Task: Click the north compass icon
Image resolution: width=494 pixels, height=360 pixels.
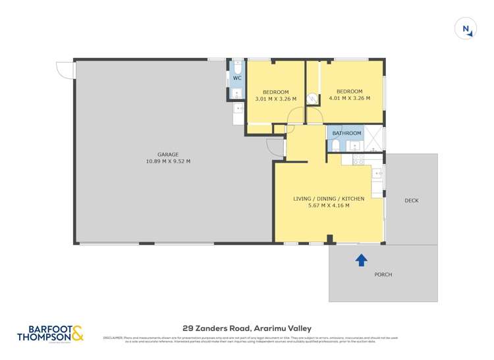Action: [466, 28]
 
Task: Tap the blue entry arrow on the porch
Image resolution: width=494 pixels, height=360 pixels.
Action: [361, 260]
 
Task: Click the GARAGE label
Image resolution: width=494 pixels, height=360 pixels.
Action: [169, 154]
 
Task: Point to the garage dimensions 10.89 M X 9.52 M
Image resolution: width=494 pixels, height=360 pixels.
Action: [169, 161]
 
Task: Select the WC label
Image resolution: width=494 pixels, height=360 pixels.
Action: [237, 78]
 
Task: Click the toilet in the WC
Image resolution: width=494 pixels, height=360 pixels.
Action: [237, 66]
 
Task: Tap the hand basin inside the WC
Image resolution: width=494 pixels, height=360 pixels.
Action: [236, 93]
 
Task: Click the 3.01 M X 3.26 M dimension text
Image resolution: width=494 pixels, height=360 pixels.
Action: [275, 99]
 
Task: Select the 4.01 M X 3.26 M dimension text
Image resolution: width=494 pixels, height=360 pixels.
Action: [349, 99]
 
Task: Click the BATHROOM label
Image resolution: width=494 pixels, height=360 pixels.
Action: [346, 133]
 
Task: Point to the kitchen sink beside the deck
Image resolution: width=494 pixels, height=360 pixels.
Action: [377, 174]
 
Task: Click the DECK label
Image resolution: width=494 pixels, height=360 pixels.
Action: [411, 201]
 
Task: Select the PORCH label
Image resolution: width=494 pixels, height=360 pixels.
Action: [383, 274]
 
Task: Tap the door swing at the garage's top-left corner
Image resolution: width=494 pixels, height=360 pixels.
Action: [63, 69]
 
